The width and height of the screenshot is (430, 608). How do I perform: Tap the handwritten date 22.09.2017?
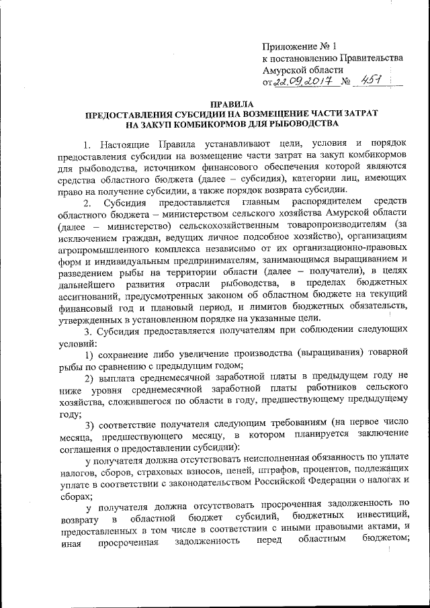coord(301,81)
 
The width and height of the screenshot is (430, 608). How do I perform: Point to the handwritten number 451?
coord(372,80)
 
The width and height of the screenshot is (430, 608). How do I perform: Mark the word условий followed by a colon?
coord(77,341)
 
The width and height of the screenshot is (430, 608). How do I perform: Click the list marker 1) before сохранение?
coord(91,353)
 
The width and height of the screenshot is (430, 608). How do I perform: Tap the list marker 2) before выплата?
coord(91,376)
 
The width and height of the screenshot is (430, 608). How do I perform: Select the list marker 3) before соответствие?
coord(91,423)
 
